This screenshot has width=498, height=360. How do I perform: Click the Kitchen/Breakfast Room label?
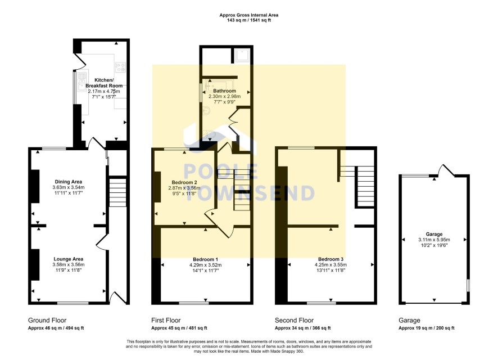[104, 83]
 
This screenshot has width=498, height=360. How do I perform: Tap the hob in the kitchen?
[121, 67]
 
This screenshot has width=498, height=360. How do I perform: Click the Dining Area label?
[68, 182]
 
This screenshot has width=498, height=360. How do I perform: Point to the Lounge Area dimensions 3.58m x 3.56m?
[69, 265]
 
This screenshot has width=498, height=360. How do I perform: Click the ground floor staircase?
[117, 192]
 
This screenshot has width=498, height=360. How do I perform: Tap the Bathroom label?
[224, 91]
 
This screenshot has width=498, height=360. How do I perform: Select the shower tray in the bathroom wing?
[243, 56]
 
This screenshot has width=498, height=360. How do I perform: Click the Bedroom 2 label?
[184, 182]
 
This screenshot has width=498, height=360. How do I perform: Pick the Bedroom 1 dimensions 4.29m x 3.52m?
[206, 265]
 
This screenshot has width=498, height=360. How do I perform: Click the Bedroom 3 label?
[331, 259]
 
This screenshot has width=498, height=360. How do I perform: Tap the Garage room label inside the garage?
[434, 234]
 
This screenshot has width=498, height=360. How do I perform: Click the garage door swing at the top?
[446, 169]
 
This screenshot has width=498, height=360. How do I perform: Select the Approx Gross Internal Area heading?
[249, 15]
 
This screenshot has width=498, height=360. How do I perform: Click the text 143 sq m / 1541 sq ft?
[249, 20]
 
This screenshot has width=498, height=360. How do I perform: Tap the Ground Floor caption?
[47, 320]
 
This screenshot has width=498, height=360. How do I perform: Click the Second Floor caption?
[294, 320]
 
